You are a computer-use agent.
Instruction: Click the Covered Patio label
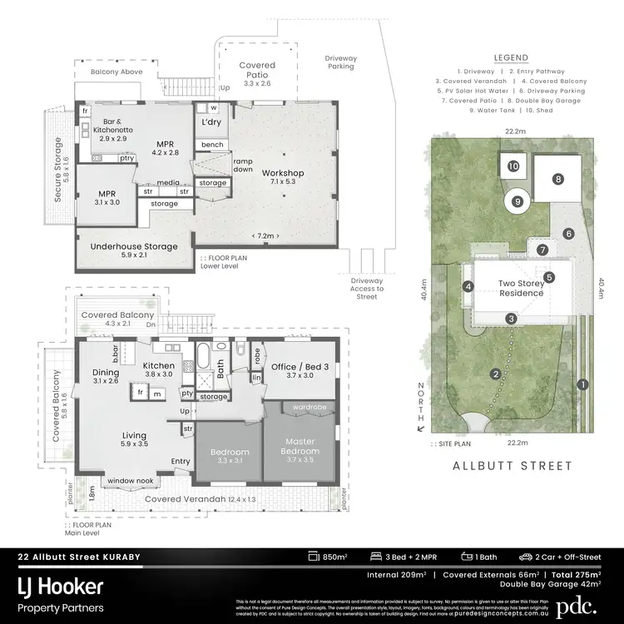256,70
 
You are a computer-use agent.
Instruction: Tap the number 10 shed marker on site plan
513,166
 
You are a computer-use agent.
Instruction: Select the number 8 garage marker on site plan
558,178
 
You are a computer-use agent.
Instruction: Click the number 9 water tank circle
518,201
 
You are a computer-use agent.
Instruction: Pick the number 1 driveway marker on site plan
582,384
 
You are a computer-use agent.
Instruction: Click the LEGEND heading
511,57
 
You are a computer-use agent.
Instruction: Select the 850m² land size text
334,557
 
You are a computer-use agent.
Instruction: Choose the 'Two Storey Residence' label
521,288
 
